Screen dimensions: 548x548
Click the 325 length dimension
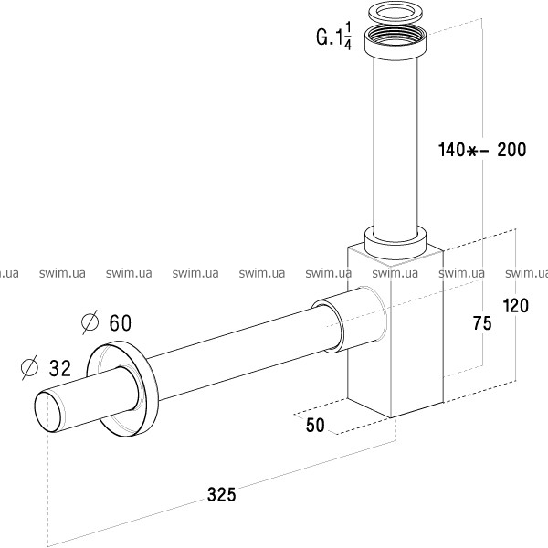222,494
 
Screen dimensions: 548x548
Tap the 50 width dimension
315,425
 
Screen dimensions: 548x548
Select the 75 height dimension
482,322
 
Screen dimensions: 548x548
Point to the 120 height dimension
515,305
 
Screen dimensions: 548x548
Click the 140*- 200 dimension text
482,150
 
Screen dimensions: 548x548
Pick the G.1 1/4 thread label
333,37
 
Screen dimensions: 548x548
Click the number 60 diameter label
121,322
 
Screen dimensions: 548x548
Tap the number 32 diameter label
59,368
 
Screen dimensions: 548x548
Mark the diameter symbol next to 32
29,367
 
